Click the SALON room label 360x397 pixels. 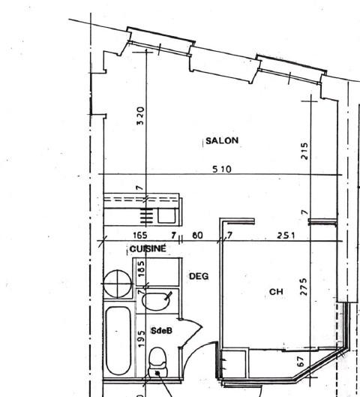click(222, 140)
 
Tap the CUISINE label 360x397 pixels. click(148, 248)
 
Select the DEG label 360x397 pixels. click(199, 276)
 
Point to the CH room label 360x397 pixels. click(276, 292)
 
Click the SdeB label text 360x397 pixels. click(161, 331)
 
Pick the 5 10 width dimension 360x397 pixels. click(222, 169)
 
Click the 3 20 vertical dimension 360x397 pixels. click(140, 116)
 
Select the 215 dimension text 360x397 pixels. click(304, 151)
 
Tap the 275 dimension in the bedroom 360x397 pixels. click(304, 287)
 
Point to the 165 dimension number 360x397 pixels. click(140, 235)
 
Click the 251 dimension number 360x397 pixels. click(286, 236)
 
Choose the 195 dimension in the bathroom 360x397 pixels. click(142, 338)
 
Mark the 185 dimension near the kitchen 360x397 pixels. click(142, 269)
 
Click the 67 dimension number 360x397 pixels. click(300, 361)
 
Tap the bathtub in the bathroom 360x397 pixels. click(118, 340)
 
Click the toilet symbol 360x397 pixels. click(157, 362)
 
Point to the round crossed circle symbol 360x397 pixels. click(118, 284)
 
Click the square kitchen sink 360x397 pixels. click(166, 215)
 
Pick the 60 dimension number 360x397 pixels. click(197, 236)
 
